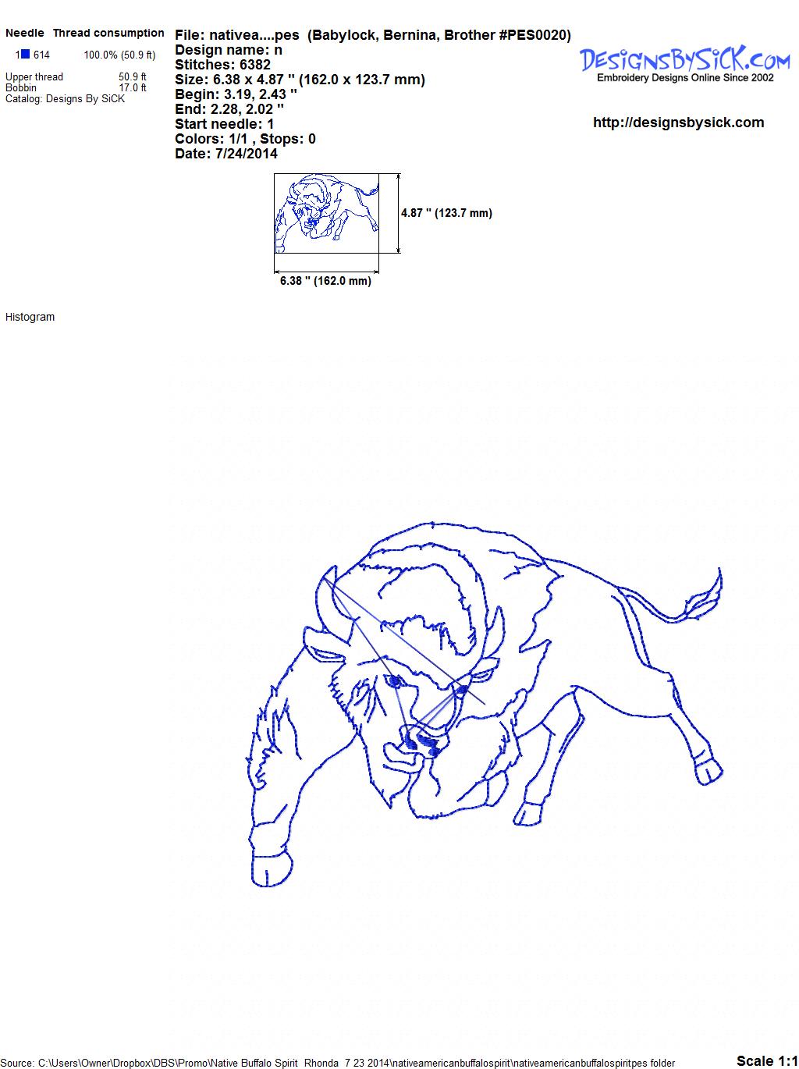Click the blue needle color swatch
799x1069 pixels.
[x=25, y=54]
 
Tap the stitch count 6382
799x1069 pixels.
[x=254, y=65]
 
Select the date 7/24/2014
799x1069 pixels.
[x=246, y=154]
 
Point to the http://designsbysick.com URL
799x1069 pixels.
[x=678, y=123]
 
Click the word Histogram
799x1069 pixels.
[x=30, y=317]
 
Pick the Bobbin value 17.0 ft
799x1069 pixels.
[x=133, y=87]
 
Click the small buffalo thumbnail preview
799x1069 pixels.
[x=327, y=213]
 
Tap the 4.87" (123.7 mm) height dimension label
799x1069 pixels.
[x=446, y=213]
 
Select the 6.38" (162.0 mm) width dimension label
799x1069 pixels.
[x=325, y=281]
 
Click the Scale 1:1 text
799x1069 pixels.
[x=767, y=1057]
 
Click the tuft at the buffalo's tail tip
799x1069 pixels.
[x=704, y=597]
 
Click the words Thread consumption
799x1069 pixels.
[x=108, y=33]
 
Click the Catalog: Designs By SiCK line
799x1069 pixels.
[x=65, y=99]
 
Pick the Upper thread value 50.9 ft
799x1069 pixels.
[x=133, y=77]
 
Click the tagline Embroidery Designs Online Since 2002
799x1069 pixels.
[x=685, y=78]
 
